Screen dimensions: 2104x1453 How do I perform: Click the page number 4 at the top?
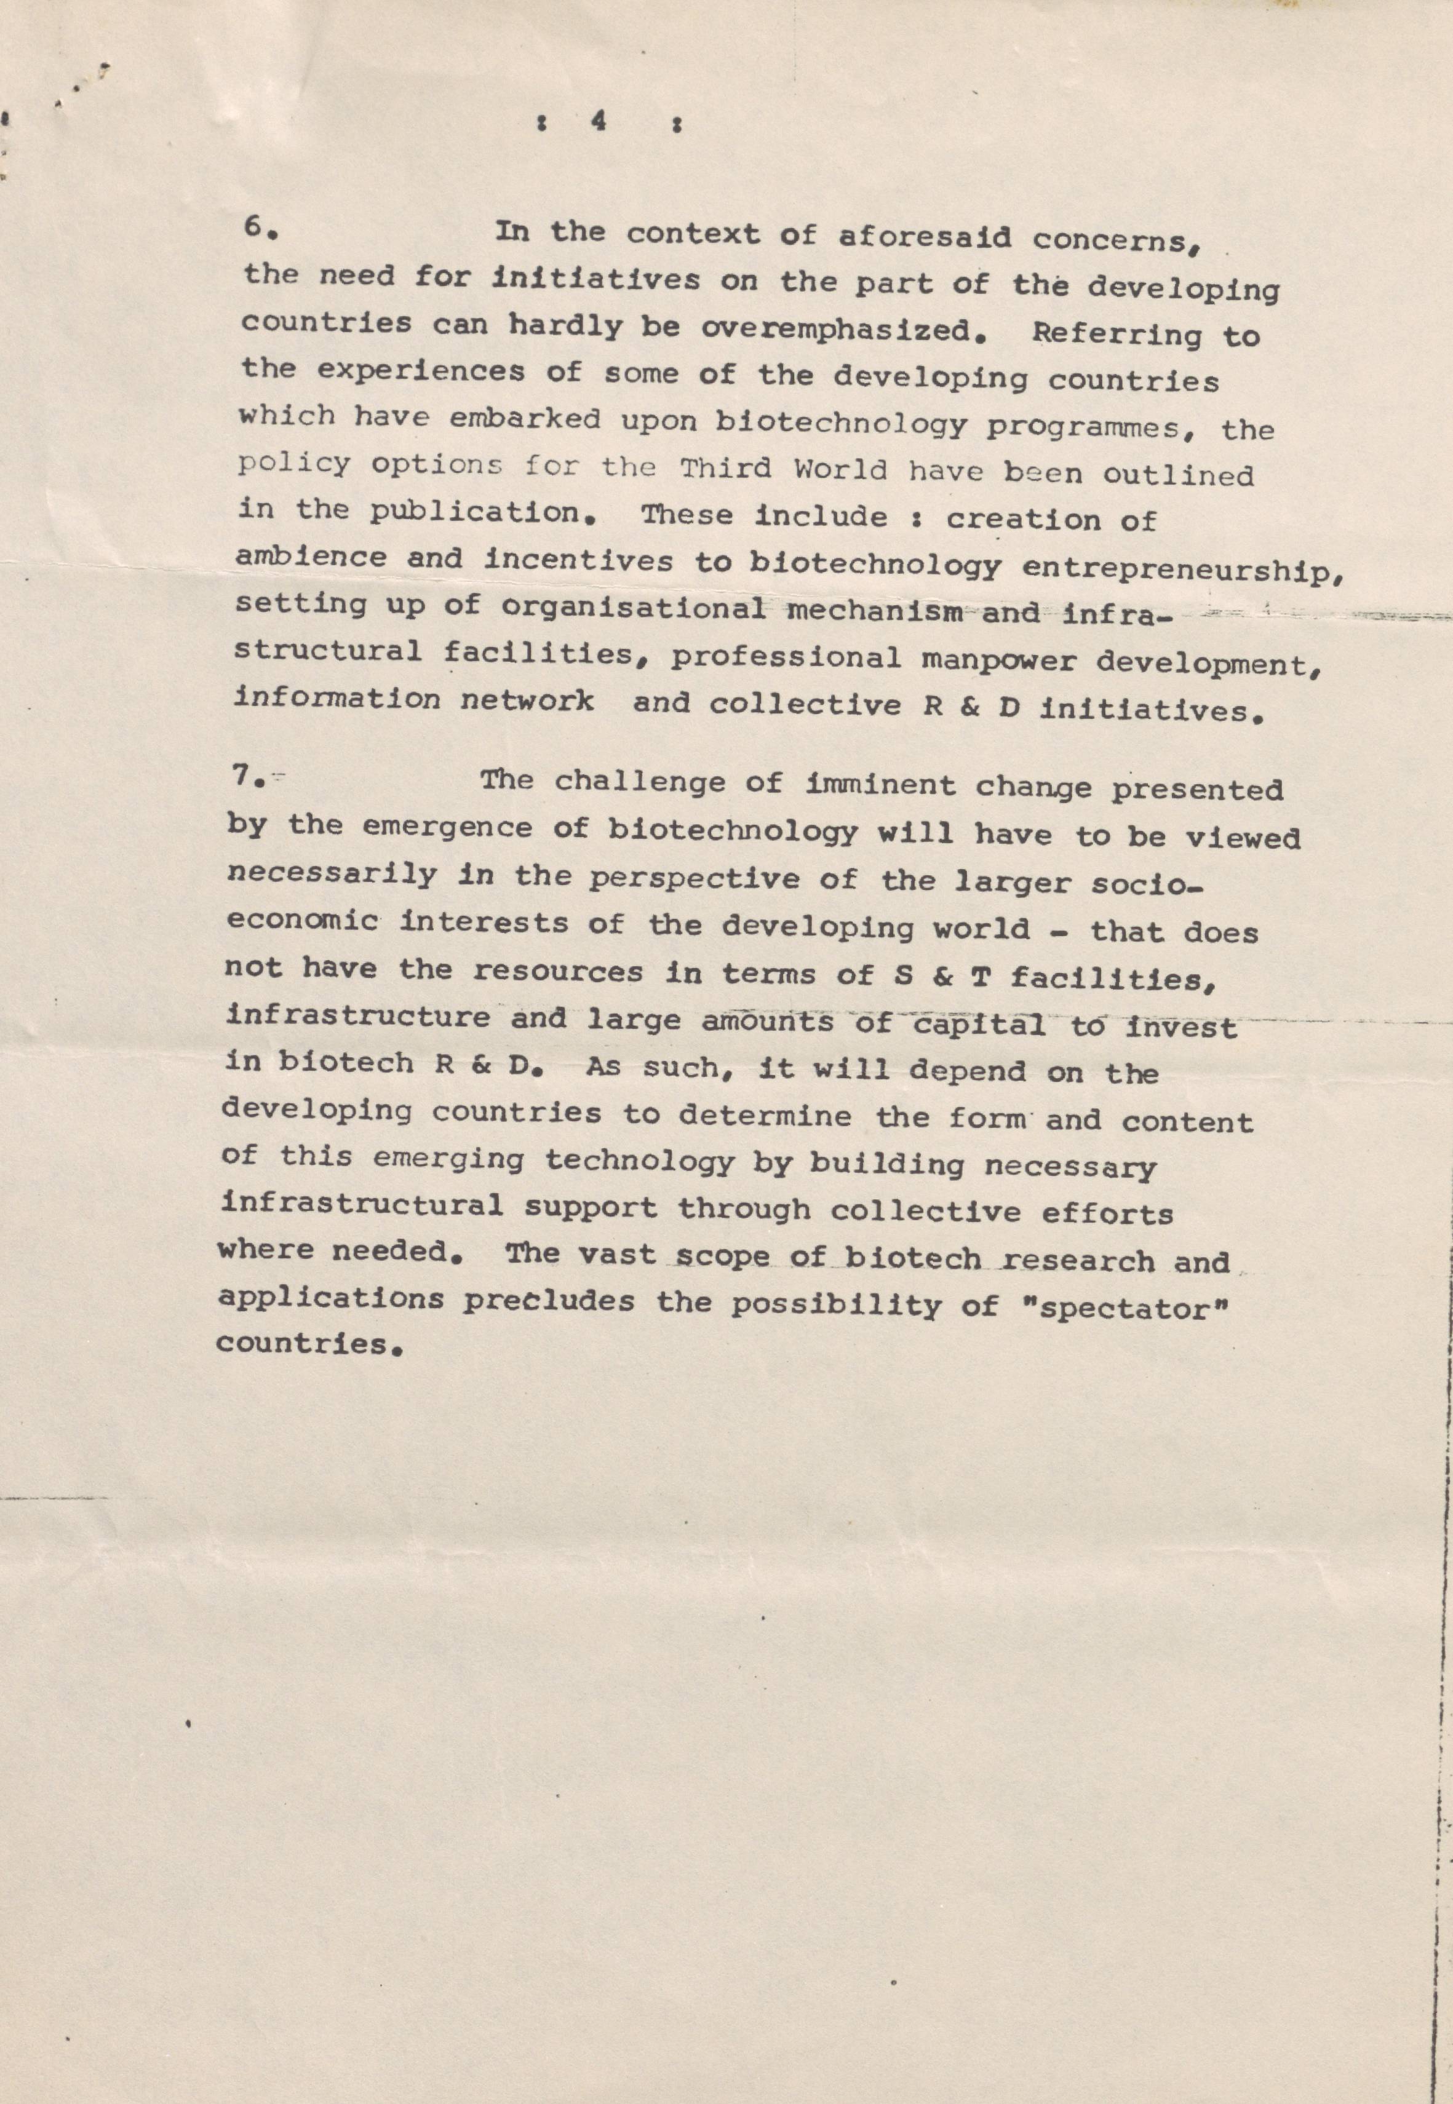tap(598, 121)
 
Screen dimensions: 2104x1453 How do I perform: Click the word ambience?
tap(311, 557)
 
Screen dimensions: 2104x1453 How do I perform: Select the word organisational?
tap(633, 607)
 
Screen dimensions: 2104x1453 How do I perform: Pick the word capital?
tap(979, 1026)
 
